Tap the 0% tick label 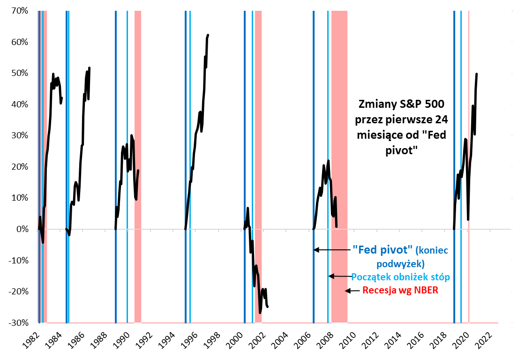23,229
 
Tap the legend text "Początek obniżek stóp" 400,276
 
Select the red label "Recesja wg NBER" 400,290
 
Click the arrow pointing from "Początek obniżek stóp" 339,276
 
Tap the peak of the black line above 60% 208,35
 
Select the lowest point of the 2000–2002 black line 260,313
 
